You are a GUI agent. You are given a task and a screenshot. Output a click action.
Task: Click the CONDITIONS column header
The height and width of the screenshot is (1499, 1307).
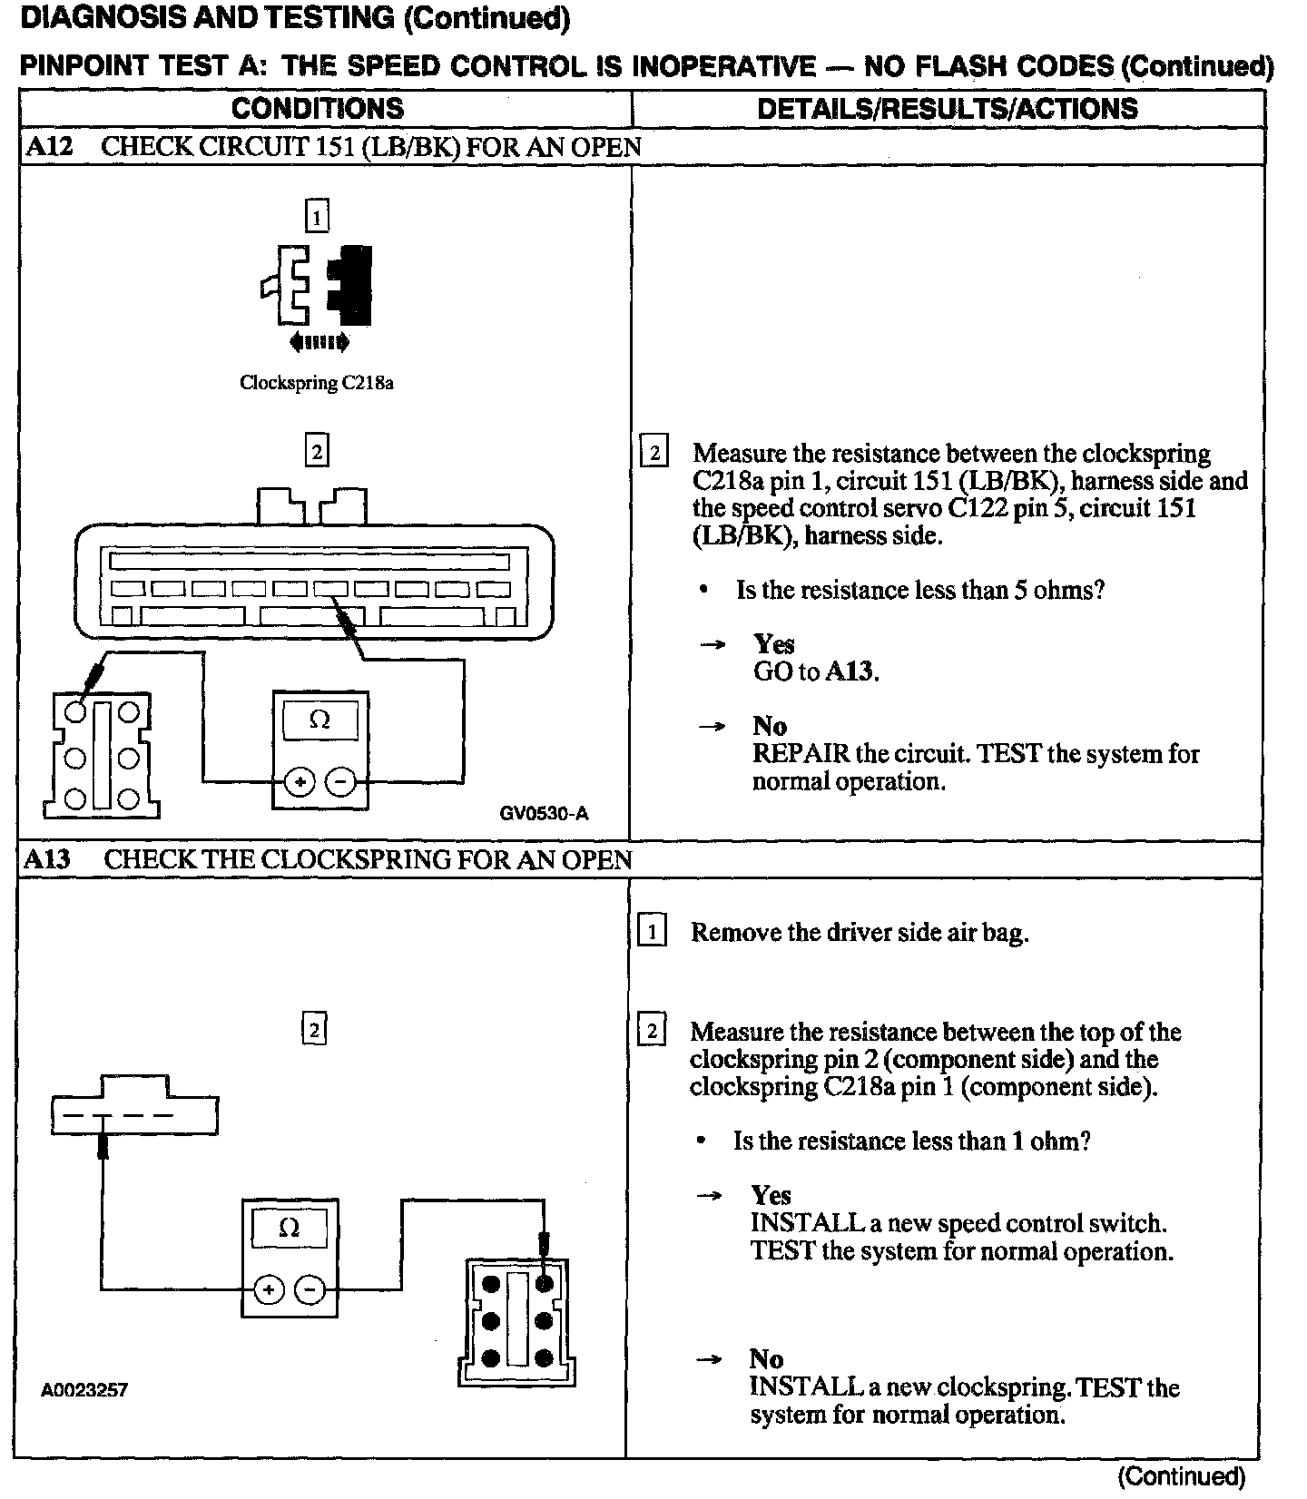pyautogui.click(x=317, y=109)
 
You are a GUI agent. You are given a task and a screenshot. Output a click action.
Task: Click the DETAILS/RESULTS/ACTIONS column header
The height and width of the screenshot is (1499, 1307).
pyautogui.click(x=947, y=109)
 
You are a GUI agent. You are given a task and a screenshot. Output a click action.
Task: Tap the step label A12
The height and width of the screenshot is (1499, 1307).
pyautogui.click(x=49, y=147)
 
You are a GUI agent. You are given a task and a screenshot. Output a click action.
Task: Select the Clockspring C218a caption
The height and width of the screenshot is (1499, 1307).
pyautogui.click(x=316, y=383)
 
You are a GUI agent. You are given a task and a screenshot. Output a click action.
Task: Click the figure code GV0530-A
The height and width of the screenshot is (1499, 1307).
pyautogui.click(x=544, y=813)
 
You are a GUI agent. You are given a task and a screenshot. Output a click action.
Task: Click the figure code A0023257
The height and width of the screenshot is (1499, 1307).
pyautogui.click(x=84, y=1389)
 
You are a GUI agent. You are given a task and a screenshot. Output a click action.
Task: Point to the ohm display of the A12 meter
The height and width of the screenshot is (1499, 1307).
pyautogui.click(x=319, y=721)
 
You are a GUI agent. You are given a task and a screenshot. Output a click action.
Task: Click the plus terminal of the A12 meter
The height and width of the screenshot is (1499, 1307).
pyautogui.click(x=300, y=781)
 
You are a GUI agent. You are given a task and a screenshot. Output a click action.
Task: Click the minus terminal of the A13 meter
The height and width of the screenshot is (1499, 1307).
pyautogui.click(x=310, y=1289)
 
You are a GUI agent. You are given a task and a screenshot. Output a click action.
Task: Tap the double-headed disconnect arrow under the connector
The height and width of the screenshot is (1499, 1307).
pyautogui.click(x=318, y=342)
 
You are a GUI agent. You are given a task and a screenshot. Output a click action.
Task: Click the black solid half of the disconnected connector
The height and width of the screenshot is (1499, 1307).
pyautogui.click(x=352, y=285)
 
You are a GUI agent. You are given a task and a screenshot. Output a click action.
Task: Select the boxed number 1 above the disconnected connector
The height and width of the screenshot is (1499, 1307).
pyautogui.click(x=316, y=217)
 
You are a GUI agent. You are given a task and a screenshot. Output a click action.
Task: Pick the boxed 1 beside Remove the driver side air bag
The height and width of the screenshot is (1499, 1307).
pyautogui.click(x=652, y=932)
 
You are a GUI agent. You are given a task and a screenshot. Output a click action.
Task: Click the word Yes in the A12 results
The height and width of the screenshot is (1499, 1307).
pyautogui.click(x=774, y=644)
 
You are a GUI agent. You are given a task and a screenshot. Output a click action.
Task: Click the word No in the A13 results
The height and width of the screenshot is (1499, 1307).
pyautogui.click(x=767, y=1358)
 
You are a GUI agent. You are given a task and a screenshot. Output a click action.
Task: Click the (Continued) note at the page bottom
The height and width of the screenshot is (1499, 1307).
pyautogui.click(x=1181, y=1476)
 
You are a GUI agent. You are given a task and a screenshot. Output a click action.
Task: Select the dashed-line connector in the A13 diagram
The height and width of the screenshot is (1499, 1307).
pyautogui.click(x=134, y=1106)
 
